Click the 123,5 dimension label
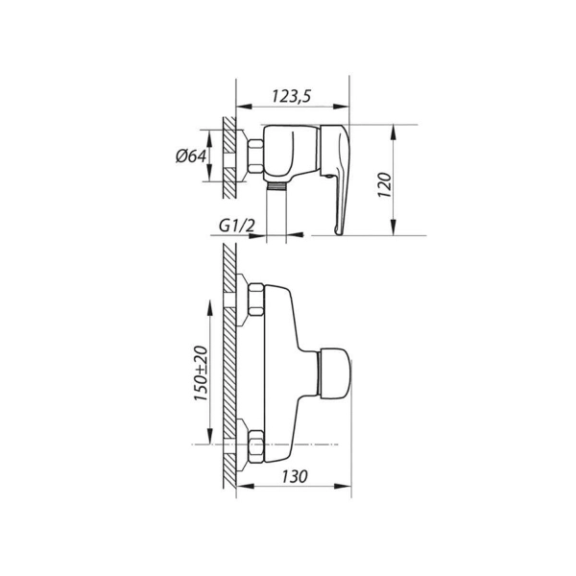[x=291, y=96]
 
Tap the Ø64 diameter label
[x=191, y=156]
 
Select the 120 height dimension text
[x=385, y=184]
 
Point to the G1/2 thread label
[x=236, y=226]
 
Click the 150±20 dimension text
[x=201, y=373]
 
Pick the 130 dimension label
[x=295, y=476]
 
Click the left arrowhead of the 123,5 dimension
[x=244, y=107]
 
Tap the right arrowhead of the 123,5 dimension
[x=341, y=107]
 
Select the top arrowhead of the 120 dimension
[x=393, y=132]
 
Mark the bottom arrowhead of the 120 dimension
[x=393, y=227]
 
